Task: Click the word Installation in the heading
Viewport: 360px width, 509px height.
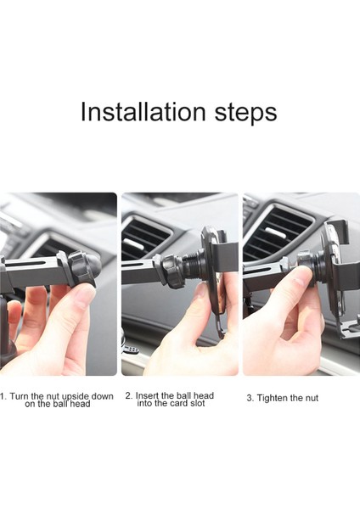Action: [x=143, y=111]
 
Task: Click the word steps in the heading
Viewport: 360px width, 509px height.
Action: [x=245, y=114]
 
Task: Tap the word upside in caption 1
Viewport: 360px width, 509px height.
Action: [x=76, y=397]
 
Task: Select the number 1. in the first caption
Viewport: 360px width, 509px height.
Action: [x=3, y=396]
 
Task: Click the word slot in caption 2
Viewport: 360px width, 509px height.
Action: [x=197, y=404]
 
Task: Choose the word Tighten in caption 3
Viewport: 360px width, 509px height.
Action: [x=272, y=399]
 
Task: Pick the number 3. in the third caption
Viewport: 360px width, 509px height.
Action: [x=250, y=398]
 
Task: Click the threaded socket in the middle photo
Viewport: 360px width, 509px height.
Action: [x=193, y=267]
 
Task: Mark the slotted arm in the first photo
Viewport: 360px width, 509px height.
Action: [x=32, y=271]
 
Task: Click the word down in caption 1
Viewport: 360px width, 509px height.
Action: [x=102, y=396]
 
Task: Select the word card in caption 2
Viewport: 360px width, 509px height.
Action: [x=179, y=404]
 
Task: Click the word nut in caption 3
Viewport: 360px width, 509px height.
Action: [x=312, y=399]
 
